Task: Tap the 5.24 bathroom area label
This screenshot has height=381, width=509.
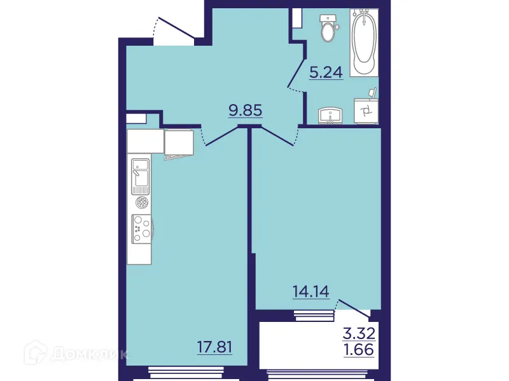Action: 326,72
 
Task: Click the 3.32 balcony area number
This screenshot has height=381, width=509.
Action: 357,332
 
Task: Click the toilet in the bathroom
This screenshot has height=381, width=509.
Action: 328,28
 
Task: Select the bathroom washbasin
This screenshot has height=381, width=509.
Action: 330,115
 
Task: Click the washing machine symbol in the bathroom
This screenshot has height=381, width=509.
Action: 366,113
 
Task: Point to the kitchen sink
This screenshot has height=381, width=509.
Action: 140,176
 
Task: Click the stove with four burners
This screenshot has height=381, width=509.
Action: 141,229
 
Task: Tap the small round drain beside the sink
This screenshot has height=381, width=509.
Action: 141,203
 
